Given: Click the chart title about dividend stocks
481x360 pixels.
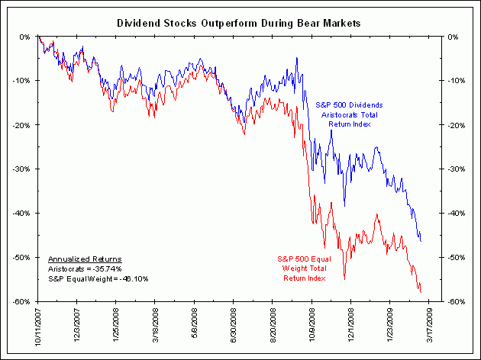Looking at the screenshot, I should coord(238,24).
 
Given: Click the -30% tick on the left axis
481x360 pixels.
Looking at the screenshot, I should coord(22,169).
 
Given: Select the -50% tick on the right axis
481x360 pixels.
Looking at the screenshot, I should coord(457,258).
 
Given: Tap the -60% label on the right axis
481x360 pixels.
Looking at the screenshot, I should coord(457,302).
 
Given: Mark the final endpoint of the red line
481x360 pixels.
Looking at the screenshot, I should coord(421,291).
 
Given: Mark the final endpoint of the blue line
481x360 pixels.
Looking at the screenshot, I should coord(421,241).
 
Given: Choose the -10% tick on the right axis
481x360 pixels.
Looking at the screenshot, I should coord(457,81).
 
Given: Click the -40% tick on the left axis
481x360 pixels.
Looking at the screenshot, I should coord(22,214).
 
